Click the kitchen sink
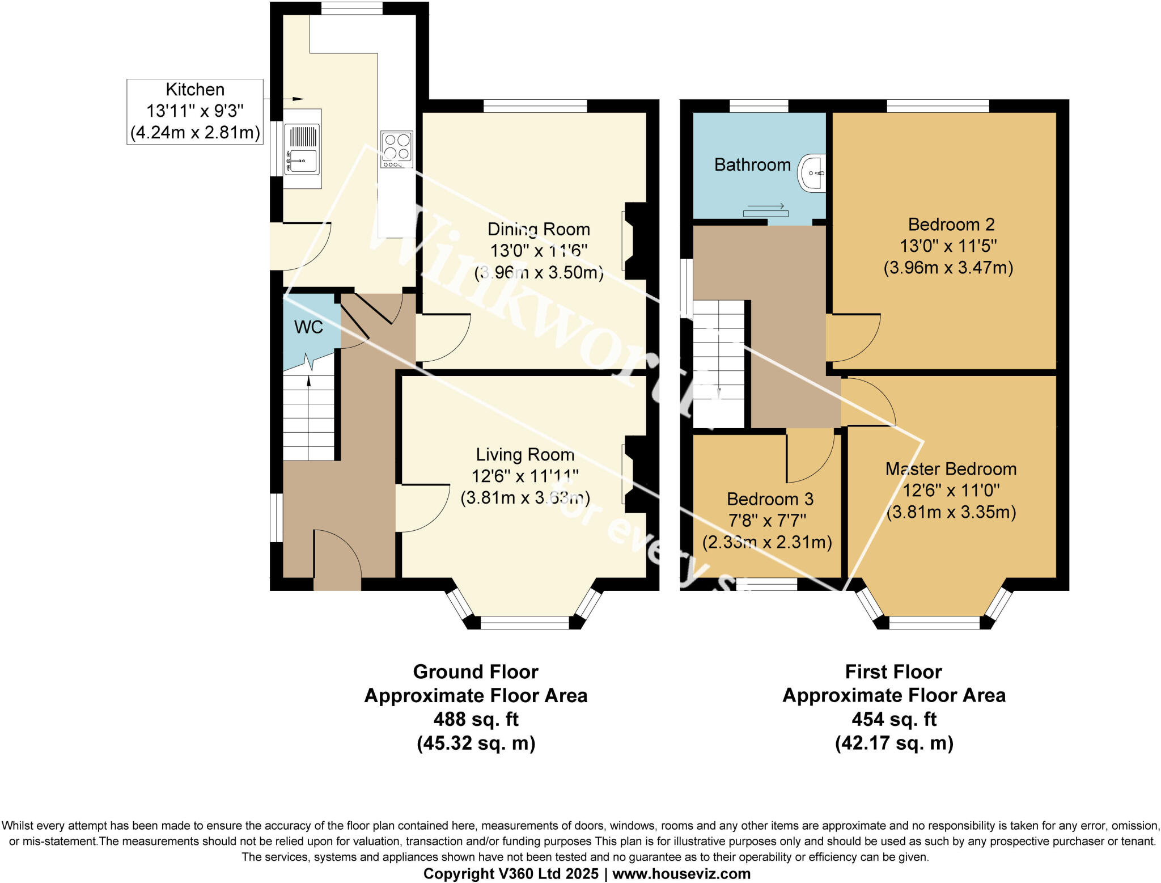[x=303, y=149]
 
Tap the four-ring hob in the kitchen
[x=396, y=149]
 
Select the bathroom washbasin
[x=812, y=172]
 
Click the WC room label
[x=308, y=327]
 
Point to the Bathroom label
[x=752, y=164]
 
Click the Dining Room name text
[x=539, y=229]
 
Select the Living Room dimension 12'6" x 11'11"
[x=525, y=476]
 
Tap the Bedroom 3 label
[x=770, y=499]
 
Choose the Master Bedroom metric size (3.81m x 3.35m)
[x=951, y=512]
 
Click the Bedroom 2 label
[x=951, y=225]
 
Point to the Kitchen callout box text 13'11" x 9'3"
[x=195, y=111]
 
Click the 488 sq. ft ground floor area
[x=476, y=719]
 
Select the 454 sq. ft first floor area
[x=894, y=719]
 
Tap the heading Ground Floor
[x=476, y=671]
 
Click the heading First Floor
[x=893, y=671]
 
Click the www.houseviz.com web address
[x=681, y=874]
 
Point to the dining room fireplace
[x=634, y=241]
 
